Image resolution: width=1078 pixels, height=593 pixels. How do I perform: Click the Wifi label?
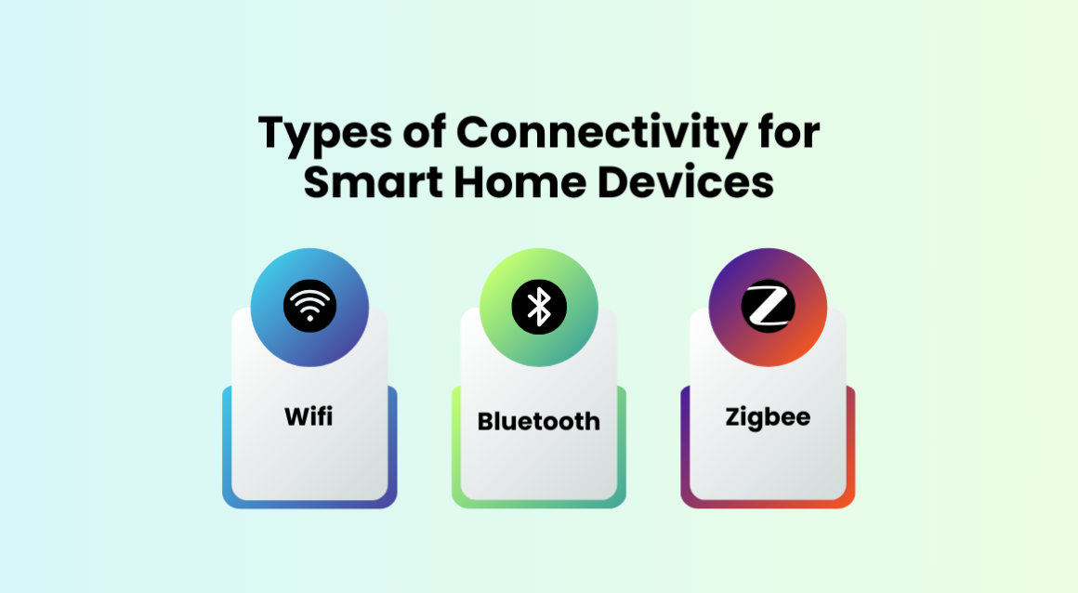(x=309, y=416)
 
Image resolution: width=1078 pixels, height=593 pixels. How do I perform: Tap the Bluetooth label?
(x=539, y=421)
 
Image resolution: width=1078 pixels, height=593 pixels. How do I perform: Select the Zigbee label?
(x=768, y=416)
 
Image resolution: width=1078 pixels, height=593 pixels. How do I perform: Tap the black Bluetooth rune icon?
(x=539, y=307)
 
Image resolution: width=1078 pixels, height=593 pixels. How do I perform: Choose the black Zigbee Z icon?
(x=768, y=307)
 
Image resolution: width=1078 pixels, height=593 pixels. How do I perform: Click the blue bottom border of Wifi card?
(x=309, y=504)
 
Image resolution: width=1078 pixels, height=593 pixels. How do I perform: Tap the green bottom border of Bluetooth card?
(x=539, y=504)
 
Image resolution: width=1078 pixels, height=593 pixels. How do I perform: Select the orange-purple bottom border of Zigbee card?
(x=768, y=504)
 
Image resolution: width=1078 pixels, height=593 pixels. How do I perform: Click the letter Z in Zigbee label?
(x=732, y=416)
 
